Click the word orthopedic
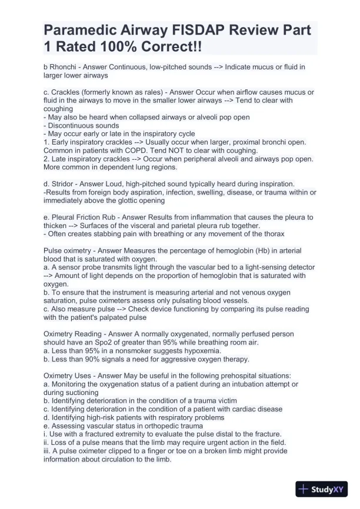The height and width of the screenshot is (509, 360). (158, 426)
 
